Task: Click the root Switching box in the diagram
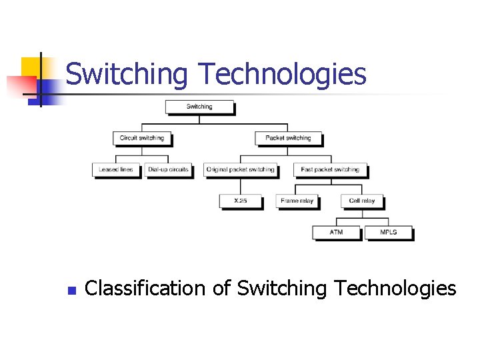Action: (x=199, y=107)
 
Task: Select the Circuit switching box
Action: (x=142, y=138)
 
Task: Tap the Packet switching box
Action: (x=288, y=138)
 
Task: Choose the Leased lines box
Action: (x=116, y=169)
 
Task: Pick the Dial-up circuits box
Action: (x=168, y=169)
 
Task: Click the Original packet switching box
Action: (x=240, y=169)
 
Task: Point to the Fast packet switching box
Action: (x=330, y=169)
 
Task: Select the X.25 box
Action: (x=240, y=201)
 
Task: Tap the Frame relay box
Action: (x=297, y=201)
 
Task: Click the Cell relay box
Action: (x=362, y=201)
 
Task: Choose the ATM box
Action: (x=337, y=232)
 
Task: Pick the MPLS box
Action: (x=388, y=232)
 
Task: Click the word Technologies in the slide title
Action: (x=280, y=74)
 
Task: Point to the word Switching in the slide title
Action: (x=127, y=74)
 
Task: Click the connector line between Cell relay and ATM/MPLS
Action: (x=362, y=215)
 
